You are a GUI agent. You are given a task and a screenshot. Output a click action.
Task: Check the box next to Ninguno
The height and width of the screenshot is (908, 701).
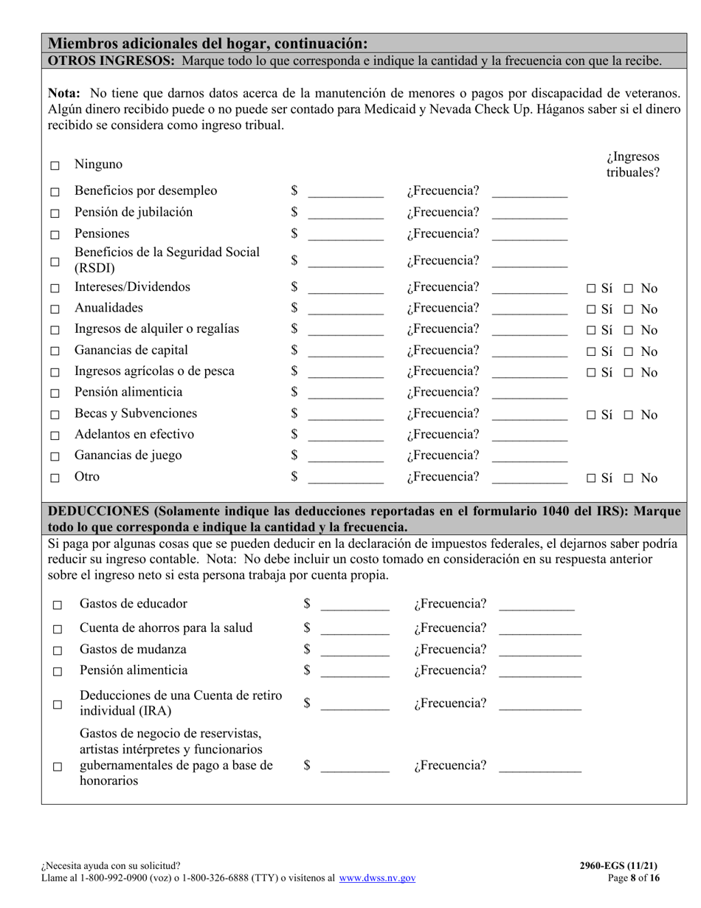tap(55, 166)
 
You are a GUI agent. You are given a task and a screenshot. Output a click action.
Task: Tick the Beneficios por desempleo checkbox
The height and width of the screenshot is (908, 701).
tap(55, 193)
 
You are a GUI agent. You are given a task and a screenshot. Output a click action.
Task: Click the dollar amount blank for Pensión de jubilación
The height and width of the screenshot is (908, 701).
tap(345, 214)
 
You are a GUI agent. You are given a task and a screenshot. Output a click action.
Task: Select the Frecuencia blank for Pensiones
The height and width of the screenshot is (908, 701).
tap(529, 235)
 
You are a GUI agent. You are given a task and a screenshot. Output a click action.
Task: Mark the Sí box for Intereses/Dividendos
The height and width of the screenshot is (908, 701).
tap(591, 289)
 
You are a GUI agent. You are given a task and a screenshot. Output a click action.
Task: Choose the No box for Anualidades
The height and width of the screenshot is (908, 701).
tap(629, 310)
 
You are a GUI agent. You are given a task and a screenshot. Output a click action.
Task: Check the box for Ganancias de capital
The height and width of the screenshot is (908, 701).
tap(55, 352)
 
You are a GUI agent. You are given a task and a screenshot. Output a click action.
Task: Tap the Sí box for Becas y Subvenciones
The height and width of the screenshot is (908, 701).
tap(591, 416)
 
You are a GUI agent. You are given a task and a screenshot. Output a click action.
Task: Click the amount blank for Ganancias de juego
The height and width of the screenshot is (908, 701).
tap(345, 457)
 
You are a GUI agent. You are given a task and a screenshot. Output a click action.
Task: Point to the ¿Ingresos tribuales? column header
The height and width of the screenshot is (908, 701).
tap(633, 165)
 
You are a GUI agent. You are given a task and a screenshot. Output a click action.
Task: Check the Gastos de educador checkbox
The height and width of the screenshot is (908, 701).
tap(58, 605)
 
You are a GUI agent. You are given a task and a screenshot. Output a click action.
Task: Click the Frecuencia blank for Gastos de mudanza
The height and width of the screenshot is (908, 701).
tap(539, 651)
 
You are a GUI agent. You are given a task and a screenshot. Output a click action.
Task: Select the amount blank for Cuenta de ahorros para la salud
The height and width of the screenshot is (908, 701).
tap(355, 630)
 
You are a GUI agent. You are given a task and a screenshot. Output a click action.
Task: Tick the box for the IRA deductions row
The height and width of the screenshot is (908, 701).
tap(58, 705)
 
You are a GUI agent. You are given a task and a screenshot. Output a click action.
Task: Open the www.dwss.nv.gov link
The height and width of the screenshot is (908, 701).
tap(377, 878)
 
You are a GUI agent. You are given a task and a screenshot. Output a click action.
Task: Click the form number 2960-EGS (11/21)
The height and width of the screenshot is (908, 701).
tap(619, 866)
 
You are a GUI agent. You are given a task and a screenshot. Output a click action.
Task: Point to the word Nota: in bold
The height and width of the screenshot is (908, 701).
tap(64, 94)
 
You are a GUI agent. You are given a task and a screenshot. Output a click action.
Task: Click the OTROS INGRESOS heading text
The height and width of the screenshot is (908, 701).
tap(111, 61)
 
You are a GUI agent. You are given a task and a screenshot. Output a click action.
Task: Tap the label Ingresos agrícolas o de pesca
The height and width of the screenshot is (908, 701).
tap(154, 371)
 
